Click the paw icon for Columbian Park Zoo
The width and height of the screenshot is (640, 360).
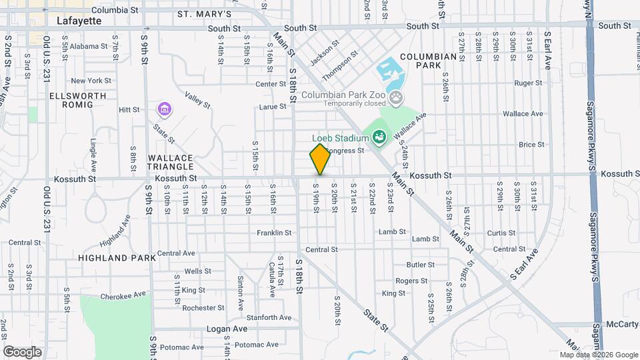point(397,99)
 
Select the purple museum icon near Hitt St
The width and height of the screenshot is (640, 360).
point(164,108)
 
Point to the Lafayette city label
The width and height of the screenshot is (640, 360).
point(79,21)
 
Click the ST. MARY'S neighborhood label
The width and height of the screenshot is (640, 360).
point(205,14)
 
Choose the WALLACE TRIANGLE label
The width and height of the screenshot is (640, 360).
point(171,162)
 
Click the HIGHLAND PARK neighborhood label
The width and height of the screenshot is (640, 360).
point(117,257)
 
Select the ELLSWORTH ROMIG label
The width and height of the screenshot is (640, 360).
point(78,100)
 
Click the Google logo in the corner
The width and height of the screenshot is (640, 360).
point(22,351)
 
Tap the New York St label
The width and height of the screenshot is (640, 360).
point(91,81)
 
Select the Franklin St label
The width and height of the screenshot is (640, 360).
point(274,233)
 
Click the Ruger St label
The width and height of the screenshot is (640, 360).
point(529,83)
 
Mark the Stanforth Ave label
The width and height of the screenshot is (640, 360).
point(269,317)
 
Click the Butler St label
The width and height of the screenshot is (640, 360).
point(420,265)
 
